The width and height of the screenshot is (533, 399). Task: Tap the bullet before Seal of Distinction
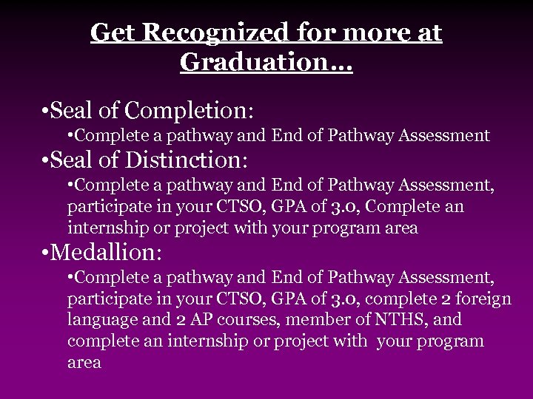point(46,160)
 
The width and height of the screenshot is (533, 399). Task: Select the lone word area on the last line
point(84,364)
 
